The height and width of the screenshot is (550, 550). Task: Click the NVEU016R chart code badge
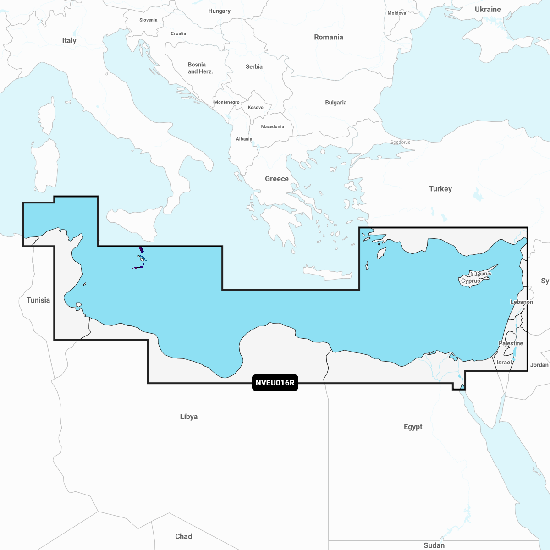coord(275,383)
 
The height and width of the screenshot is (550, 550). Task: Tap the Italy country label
coord(69,40)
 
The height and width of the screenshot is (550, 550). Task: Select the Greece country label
coord(277,179)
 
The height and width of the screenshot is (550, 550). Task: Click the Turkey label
coord(440,189)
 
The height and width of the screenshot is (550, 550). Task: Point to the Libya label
coord(189,417)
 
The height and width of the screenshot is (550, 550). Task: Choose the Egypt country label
coord(413,427)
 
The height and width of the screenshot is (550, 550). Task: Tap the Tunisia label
coord(38,300)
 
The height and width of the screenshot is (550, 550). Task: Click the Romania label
coord(328,37)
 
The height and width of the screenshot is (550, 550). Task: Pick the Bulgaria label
coord(335,103)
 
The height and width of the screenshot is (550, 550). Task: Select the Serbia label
coord(254,66)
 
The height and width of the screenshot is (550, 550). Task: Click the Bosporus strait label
coord(401,142)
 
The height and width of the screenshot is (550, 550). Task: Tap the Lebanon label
coord(522,302)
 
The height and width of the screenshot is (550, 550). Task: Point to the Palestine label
coord(511,343)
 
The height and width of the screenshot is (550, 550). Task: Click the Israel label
coord(504,363)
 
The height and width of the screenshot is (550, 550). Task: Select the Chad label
coord(183,536)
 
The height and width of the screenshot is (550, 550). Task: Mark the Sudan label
coord(434,545)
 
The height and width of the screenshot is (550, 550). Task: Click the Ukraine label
coord(488,10)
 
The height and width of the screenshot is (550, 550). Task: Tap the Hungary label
coord(219,11)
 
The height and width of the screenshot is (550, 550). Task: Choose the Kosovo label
coord(255,108)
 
